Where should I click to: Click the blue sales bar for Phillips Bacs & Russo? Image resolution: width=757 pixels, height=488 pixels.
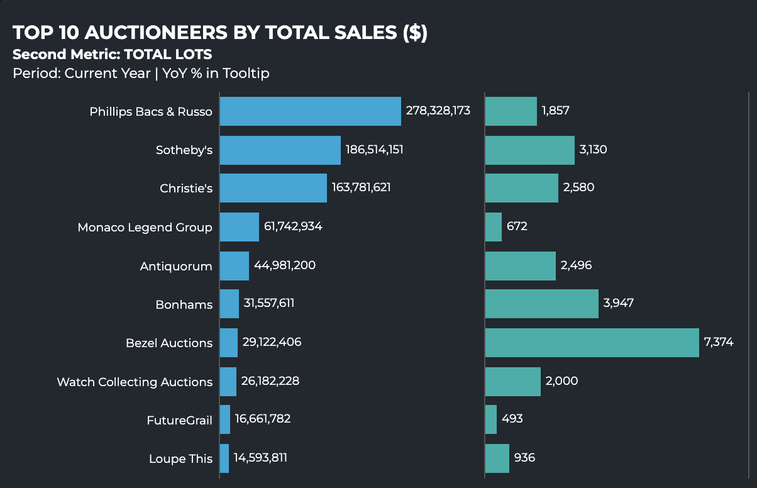[311, 111]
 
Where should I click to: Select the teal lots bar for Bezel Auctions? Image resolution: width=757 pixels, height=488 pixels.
[592, 343]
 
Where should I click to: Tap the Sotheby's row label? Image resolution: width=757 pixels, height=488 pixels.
[184, 150]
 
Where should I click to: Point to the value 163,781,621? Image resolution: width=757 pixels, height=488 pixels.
[361, 187]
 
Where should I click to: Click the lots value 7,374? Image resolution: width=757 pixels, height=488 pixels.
[719, 342]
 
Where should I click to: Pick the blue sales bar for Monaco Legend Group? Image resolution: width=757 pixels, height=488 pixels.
[240, 227]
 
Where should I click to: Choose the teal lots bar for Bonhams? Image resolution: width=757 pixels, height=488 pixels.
[542, 304]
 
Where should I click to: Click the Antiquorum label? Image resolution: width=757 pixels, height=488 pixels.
[176, 267]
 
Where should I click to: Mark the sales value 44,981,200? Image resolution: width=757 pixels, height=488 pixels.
[285, 265]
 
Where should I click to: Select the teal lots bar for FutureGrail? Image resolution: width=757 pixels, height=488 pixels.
[491, 419]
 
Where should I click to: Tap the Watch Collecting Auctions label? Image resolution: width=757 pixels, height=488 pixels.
[135, 382]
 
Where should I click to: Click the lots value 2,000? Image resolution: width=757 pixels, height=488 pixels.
[562, 381]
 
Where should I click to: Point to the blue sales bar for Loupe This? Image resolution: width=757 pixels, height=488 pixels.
[224, 458]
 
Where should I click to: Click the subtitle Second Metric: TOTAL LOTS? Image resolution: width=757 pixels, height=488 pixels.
[112, 54]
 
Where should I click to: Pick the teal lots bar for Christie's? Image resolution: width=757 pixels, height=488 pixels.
[522, 188]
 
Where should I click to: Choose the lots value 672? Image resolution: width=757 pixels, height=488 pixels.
[517, 226]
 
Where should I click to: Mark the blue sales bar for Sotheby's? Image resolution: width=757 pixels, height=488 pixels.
[280, 150]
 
